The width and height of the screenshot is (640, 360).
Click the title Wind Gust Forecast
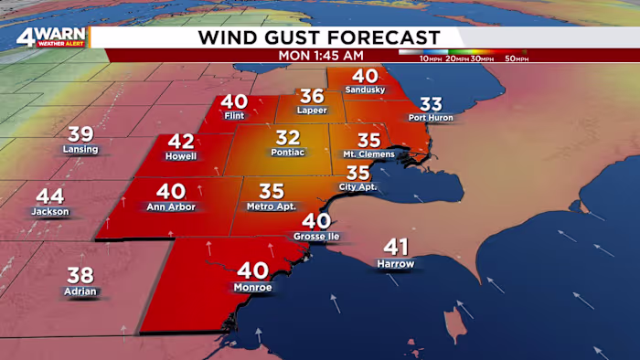319,37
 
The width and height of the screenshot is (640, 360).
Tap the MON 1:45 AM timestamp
319,55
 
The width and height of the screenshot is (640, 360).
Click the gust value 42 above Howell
181,143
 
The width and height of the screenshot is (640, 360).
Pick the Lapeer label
311,111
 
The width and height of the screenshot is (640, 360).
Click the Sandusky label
365,90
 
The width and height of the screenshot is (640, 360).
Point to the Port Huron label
431,118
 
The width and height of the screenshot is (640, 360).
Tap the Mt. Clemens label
368,155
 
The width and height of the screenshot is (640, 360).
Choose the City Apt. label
357,187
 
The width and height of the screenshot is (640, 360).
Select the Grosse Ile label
315,236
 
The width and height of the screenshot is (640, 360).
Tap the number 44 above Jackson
49,196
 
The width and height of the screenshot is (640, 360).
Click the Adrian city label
80,291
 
